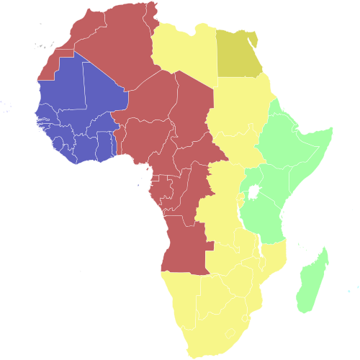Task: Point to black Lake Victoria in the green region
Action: (253, 192)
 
